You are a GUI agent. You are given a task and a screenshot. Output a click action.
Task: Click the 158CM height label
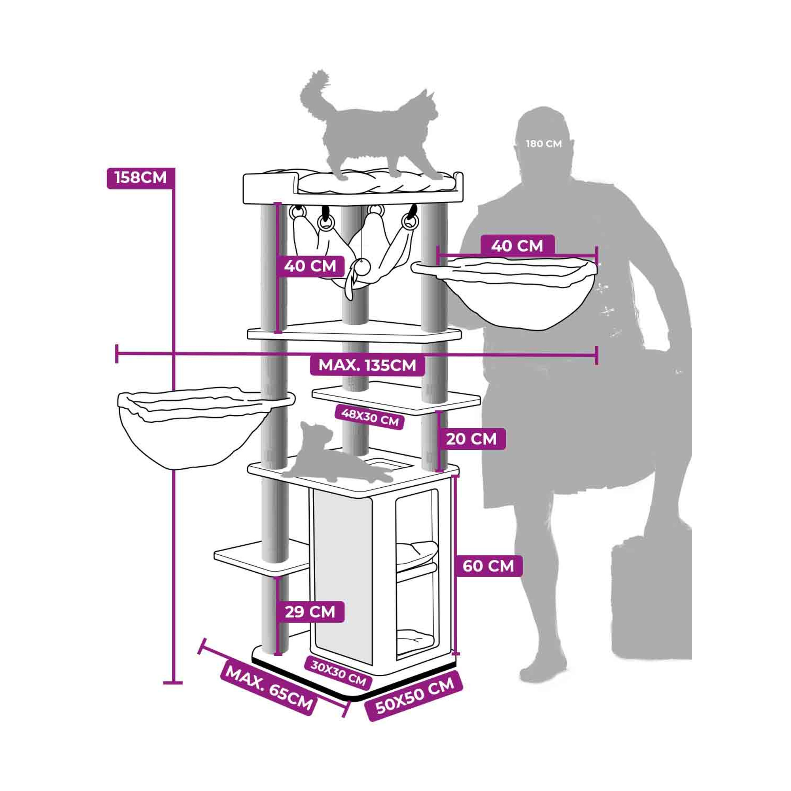tap(141, 178)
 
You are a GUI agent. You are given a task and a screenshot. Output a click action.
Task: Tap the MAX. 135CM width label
tap(367, 365)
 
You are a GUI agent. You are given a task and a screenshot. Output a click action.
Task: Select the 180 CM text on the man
tap(544, 144)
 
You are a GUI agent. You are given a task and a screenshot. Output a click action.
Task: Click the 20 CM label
tap(471, 439)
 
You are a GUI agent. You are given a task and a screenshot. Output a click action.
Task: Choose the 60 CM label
tap(488, 566)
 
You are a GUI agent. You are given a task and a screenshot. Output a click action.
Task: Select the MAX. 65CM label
tap(269, 689)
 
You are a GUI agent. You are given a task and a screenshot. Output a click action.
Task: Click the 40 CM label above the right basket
tap(517, 246)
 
